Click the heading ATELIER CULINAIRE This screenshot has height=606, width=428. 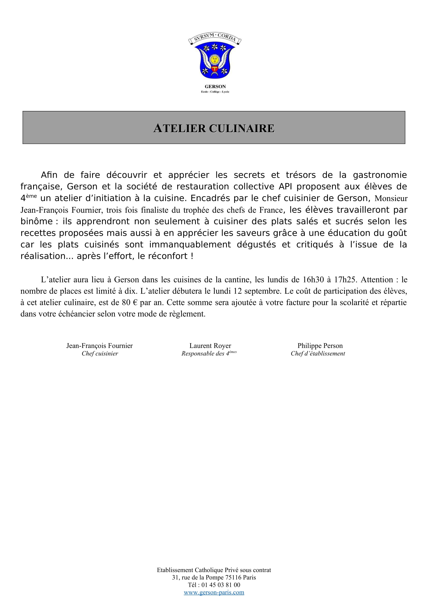coord(214,128)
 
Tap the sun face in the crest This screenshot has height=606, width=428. coord(215,59)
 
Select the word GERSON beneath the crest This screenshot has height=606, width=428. coord(215,87)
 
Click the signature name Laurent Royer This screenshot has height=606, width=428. coord(210,346)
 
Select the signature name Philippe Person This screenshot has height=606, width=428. coord(320,346)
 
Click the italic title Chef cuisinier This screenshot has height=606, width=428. coord(100,354)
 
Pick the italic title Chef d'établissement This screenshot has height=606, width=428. coord(318,354)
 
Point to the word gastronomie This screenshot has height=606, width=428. coord(380,175)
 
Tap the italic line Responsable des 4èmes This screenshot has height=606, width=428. coord(209,354)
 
